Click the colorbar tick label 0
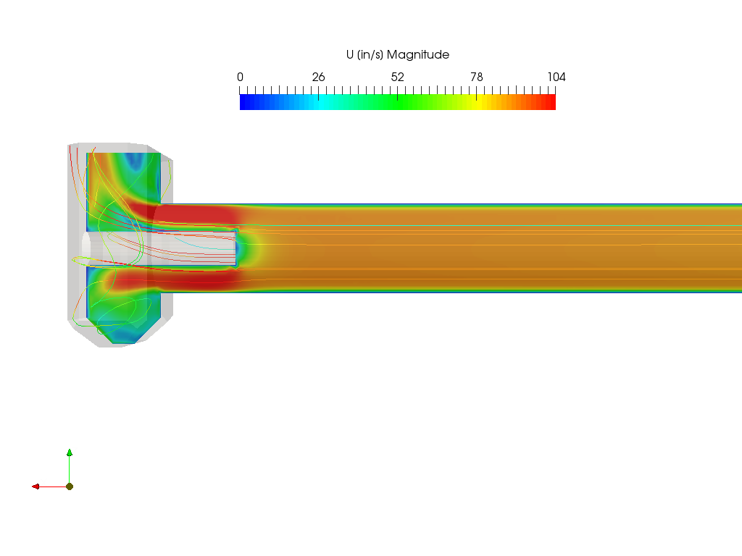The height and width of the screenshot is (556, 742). click(241, 77)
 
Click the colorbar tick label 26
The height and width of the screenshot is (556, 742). click(319, 77)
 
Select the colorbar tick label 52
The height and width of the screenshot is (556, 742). click(398, 77)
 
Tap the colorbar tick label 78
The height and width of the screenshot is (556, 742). click(477, 77)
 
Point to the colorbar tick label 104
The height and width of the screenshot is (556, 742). click(556, 77)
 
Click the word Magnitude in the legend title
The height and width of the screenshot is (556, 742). click(418, 55)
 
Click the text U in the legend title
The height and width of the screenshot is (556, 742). click(350, 54)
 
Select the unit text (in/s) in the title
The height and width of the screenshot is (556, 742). click(370, 55)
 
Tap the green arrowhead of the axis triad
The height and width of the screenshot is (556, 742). click(70, 452)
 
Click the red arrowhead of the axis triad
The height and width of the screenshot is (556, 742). click(36, 486)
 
